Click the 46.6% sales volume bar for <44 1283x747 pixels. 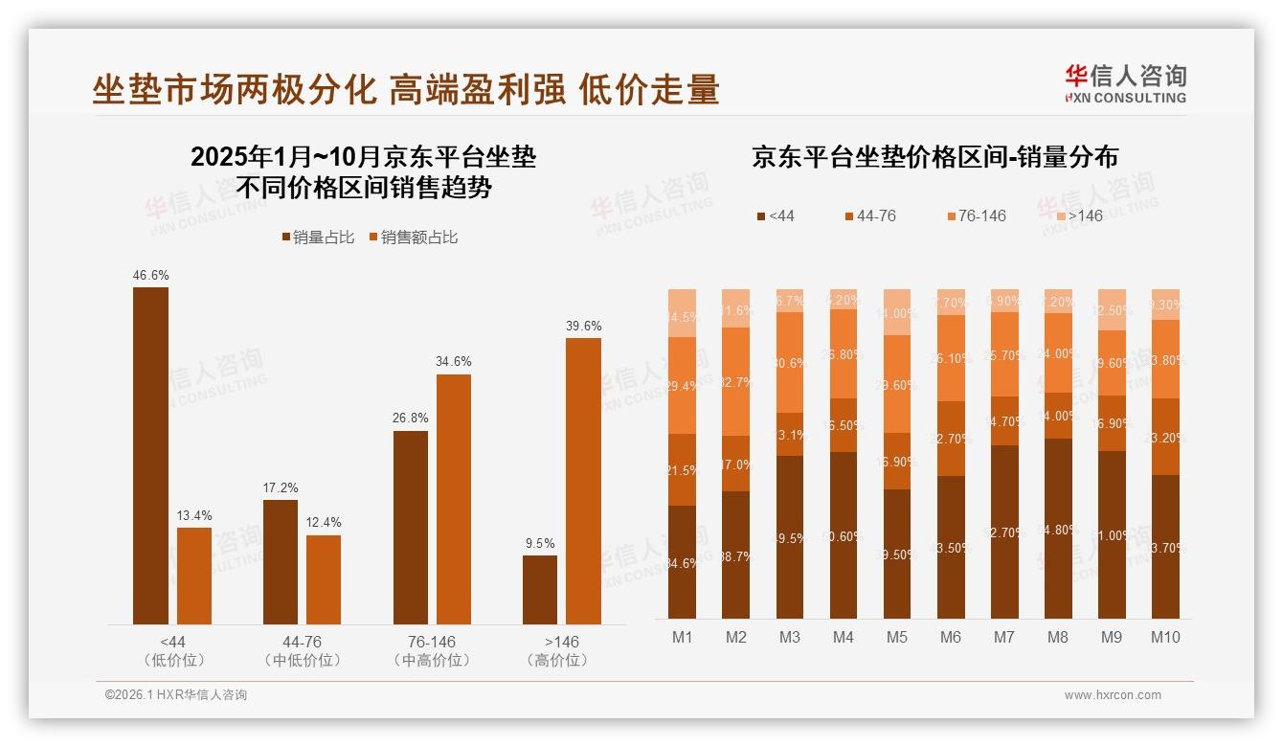tap(150, 456)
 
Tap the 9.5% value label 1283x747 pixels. tap(540, 543)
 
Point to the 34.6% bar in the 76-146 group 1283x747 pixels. tap(454, 499)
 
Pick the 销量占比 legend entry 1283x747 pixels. tap(315, 238)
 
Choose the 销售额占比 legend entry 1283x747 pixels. tap(413, 238)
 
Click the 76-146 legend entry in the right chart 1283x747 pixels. tap(977, 216)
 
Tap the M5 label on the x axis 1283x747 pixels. tap(896, 638)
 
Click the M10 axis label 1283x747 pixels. tap(1165, 638)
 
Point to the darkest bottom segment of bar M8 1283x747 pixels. tap(1058, 529)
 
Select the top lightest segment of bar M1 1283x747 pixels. tap(683, 313)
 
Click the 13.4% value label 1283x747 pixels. tap(194, 516)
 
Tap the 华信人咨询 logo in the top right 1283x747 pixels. tap(1125, 83)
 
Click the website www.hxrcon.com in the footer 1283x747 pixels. tap(1113, 695)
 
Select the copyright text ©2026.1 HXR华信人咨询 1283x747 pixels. tap(176, 695)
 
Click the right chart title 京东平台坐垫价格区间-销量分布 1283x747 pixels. tap(934, 158)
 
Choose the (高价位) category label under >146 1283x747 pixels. tap(561, 661)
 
